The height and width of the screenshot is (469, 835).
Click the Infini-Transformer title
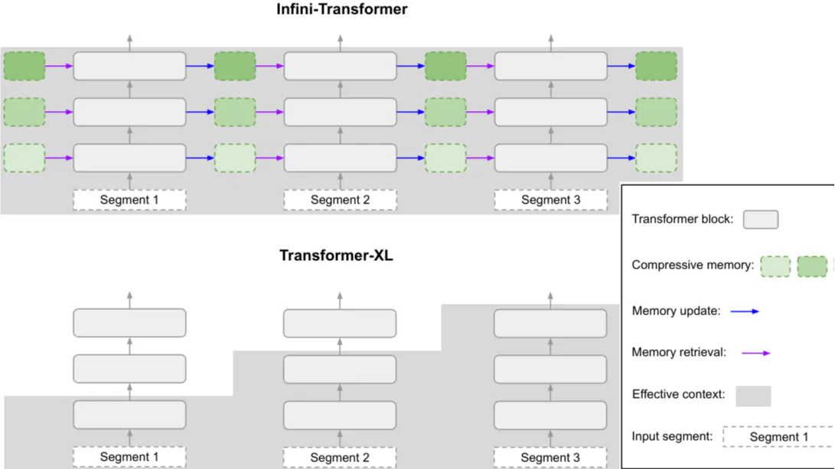click(x=342, y=10)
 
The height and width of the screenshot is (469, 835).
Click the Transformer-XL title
click(x=336, y=256)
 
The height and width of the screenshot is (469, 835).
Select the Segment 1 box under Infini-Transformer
click(x=129, y=200)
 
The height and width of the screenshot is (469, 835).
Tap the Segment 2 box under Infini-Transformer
click(x=340, y=200)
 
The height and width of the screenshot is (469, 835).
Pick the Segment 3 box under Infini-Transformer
click(x=550, y=200)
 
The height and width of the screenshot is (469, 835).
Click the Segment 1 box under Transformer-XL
click(x=129, y=458)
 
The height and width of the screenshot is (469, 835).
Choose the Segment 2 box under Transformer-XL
click(x=340, y=458)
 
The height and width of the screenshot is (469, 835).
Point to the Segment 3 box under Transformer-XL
click(x=550, y=458)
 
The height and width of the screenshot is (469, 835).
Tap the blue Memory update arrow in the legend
click(x=745, y=311)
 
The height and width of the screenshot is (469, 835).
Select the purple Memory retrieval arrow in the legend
click(x=755, y=353)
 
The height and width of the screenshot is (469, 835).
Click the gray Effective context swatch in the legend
click(x=753, y=396)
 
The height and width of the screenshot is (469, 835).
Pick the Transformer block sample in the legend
click(x=761, y=220)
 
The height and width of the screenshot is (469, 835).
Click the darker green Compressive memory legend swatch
click(x=812, y=266)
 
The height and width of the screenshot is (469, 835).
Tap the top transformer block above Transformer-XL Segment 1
click(x=129, y=322)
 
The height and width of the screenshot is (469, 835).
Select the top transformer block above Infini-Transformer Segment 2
click(x=340, y=66)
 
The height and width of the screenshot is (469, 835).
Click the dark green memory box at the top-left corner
click(x=24, y=66)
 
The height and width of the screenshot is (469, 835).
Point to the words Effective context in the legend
click(x=678, y=395)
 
